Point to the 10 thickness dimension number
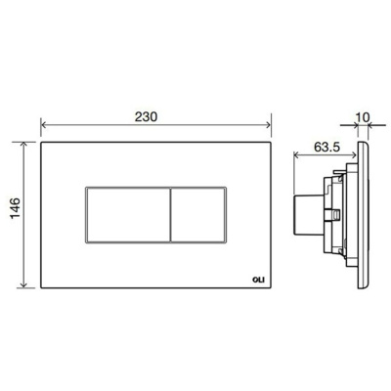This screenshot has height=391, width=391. [x=364, y=116]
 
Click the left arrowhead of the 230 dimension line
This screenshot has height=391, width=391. [x=44, y=125]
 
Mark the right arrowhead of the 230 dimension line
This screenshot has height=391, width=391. [x=268, y=125]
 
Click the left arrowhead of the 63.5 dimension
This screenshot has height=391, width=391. [x=294, y=154]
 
